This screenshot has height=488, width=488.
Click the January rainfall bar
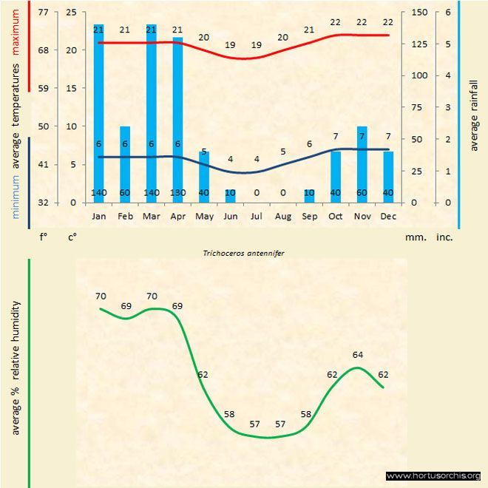98,111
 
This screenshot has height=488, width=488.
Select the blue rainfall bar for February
125,163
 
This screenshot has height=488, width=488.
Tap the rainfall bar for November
362,163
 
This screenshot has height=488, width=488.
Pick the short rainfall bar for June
231,196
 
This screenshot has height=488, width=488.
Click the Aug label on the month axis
282,217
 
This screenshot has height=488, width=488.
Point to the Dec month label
388,217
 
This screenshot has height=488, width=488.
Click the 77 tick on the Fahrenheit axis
44,13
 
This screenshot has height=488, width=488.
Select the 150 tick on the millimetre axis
419,13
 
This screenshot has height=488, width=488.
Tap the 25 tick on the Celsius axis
71,13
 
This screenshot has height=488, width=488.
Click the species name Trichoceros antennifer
243,252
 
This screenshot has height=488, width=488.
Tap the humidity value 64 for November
358,354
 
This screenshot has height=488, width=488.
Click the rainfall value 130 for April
177,194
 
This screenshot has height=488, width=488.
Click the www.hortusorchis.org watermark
433,475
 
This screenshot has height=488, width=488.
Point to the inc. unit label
444,238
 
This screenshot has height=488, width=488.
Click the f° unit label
44,238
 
